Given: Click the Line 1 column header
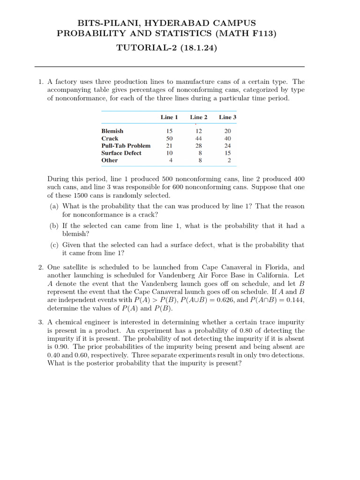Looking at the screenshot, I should click(x=169, y=117).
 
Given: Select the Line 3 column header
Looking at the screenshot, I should click(x=228, y=117).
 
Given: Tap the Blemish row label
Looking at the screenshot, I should click(x=112, y=131).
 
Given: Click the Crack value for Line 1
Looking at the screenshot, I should click(x=170, y=139).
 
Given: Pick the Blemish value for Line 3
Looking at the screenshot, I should click(x=228, y=131).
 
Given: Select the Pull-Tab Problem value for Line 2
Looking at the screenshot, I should click(x=199, y=146).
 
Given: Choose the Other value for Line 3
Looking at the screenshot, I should click(x=229, y=160).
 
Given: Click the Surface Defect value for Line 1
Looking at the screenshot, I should click(x=170, y=153).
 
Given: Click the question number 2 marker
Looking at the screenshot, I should click(x=41, y=267).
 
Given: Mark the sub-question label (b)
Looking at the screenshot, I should click(x=54, y=226).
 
